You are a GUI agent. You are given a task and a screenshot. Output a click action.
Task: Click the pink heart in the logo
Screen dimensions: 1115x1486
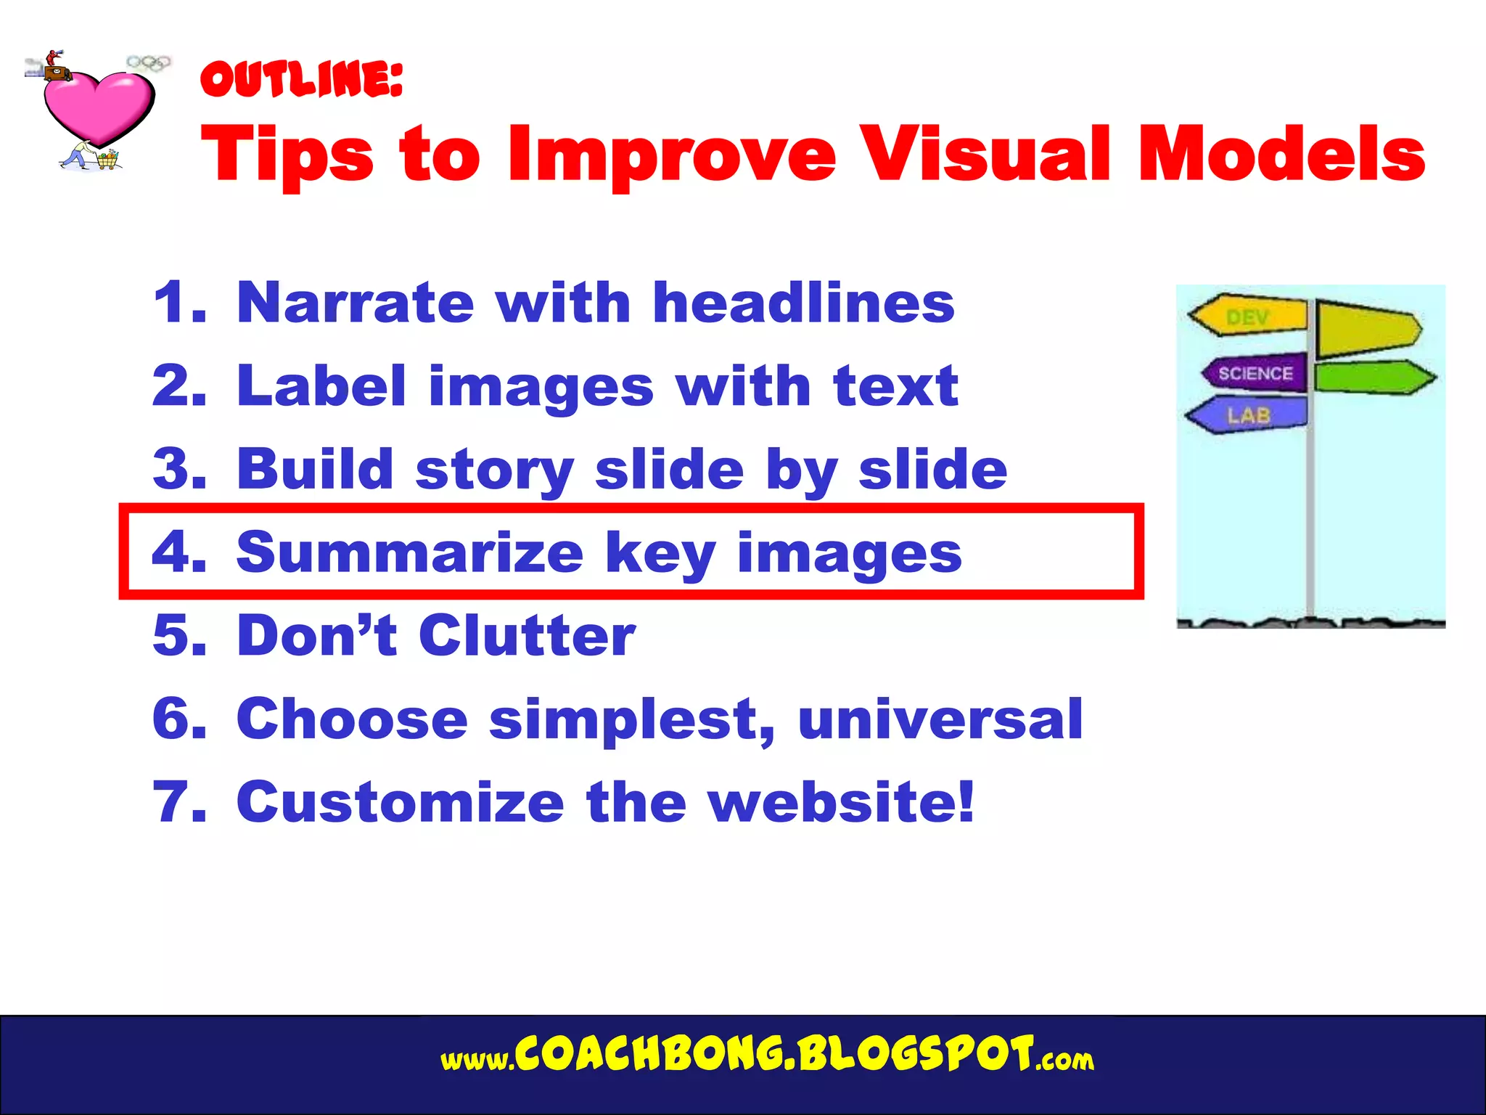pyautogui.click(x=99, y=105)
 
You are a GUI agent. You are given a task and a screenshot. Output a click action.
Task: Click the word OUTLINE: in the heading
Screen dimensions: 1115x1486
pyautogui.click(x=301, y=79)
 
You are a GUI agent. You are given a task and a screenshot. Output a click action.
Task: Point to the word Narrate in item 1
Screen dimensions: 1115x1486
pyautogui.click(x=355, y=303)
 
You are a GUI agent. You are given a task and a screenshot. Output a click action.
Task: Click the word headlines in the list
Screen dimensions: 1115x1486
pyautogui.click(x=803, y=303)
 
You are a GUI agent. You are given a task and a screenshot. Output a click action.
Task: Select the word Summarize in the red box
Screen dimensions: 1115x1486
pyautogui.click(x=410, y=553)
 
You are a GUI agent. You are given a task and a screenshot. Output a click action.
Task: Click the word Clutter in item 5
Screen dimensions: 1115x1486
pyautogui.click(x=527, y=636)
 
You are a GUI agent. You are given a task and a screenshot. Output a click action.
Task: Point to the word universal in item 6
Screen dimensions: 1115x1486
pyautogui.click(x=940, y=719)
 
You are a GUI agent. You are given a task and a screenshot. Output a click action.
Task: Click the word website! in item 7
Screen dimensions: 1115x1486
pyautogui.click(x=841, y=803)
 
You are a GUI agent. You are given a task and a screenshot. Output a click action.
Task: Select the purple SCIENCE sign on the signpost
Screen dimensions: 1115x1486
pyautogui.click(x=1255, y=373)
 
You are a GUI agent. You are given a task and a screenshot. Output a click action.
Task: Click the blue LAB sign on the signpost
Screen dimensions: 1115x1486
pyautogui.click(x=1248, y=415)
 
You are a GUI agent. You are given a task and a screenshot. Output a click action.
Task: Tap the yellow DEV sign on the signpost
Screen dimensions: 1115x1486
pyautogui.click(x=1248, y=316)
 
